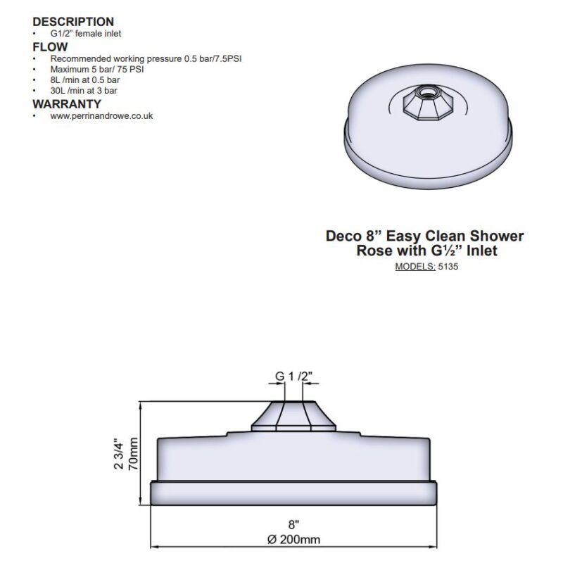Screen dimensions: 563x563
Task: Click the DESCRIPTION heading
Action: point(73,22)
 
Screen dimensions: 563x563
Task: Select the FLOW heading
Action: point(50,47)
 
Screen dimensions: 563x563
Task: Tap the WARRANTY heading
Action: point(67,104)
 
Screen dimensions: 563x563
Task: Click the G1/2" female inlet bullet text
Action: point(86,33)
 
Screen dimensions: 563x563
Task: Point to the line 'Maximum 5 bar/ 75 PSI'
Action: point(97,69)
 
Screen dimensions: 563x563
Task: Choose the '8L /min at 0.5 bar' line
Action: point(85,80)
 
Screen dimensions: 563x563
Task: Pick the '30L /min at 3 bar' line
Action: point(84,91)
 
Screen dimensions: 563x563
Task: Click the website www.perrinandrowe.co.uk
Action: point(101,116)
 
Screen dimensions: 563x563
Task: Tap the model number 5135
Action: point(448,267)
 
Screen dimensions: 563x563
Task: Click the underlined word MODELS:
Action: point(415,267)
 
